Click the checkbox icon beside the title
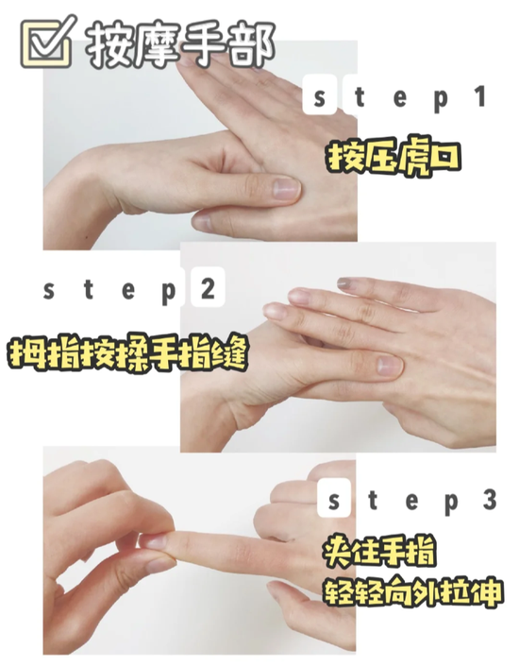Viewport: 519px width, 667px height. [47, 42]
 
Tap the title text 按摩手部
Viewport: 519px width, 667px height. [180, 44]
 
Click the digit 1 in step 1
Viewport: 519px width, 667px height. [480, 96]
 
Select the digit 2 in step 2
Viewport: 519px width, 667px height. [208, 289]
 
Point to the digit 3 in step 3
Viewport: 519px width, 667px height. [489, 500]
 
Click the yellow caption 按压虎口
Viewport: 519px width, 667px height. [393, 158]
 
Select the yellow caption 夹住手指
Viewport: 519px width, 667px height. [379, 552]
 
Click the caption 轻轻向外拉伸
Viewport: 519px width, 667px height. [412, 591]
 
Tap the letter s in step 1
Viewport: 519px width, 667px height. [319, 98]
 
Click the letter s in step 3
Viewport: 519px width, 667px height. [334, 502]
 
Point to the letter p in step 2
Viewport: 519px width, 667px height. [169, 293]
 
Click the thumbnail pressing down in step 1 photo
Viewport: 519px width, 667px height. [286, 188]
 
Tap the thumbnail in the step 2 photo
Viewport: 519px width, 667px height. [389, 366]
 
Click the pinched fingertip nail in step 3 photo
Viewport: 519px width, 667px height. [153, 541]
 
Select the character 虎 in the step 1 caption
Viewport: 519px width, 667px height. [410, 158]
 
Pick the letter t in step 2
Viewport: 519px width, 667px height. [89, 289]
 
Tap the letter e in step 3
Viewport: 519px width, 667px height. [411, 502]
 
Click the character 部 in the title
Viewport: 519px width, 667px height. [252, 44]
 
